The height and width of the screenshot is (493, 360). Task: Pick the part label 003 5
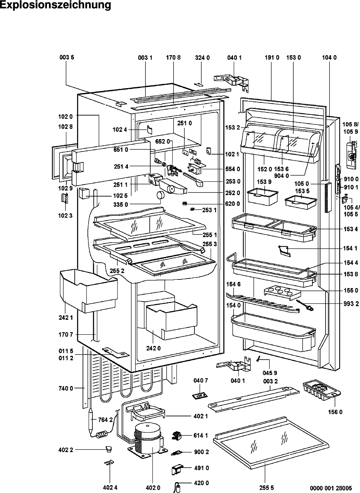point(66,58)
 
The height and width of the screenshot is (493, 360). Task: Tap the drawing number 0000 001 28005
point(330,488)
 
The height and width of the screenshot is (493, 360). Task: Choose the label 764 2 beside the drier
point(105,420)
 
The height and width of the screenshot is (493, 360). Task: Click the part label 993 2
point(351,304)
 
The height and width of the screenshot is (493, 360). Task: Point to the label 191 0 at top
point(272,58)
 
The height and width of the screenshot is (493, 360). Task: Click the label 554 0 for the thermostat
point(232,169)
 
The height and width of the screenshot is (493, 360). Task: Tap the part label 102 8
point(65,127)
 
